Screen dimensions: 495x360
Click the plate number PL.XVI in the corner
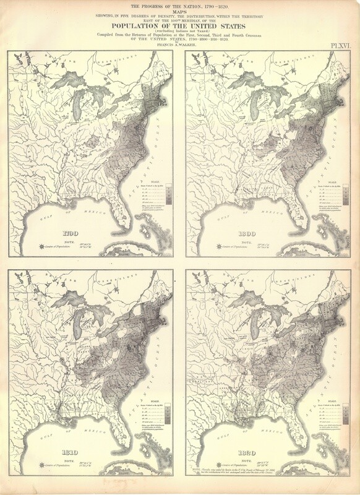[339, 45]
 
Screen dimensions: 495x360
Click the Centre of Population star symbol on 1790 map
[41, 246]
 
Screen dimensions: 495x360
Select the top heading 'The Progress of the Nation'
[179, 6]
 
